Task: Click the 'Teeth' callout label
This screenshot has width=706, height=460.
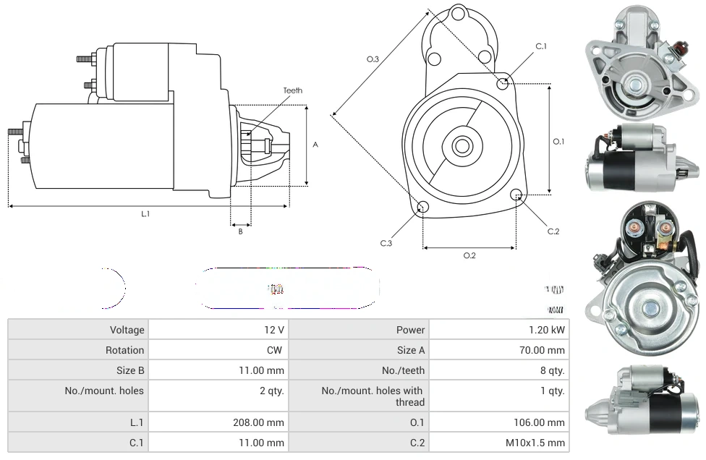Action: pos(293,90)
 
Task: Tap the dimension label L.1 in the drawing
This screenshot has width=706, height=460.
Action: pos(145,213)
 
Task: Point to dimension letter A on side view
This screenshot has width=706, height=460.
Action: pos(315,145)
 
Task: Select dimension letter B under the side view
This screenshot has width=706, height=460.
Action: pos(240,231)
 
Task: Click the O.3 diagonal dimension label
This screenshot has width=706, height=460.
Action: pos(373,59)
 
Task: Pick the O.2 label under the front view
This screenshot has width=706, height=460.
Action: pos(469,255)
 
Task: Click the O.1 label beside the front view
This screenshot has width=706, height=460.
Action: pos(558,142)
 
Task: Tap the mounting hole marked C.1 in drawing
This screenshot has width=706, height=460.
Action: pos(503,83)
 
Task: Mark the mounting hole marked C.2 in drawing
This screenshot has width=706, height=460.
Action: pos(516,195)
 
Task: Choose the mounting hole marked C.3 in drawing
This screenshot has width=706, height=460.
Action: pos(423,208)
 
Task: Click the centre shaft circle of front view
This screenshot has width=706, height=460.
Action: pos(462,146)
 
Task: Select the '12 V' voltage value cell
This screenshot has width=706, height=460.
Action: pos(274,330)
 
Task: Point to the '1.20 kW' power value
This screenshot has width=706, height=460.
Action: pos(547,330)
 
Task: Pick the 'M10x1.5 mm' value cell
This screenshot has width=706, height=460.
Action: pos(538,443)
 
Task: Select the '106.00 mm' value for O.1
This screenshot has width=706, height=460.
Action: pos(541,422)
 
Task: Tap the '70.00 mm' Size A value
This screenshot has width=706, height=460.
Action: pos(544,350)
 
